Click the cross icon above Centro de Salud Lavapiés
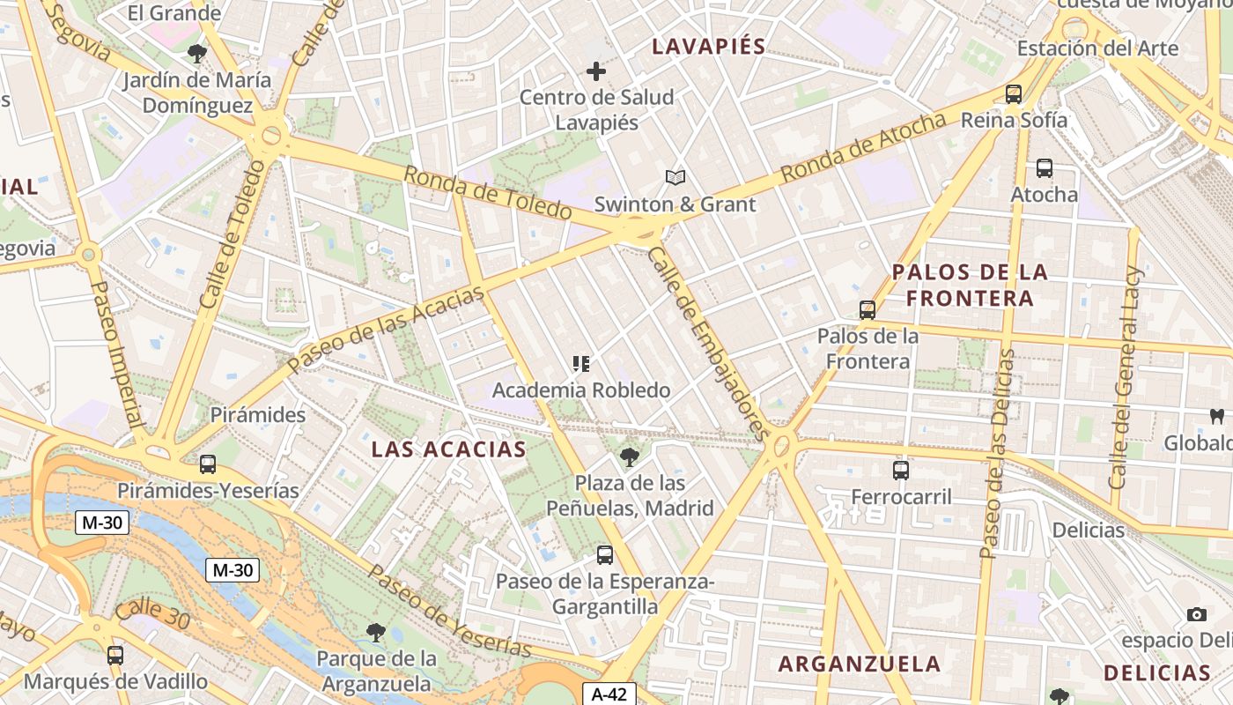tap(596, 71)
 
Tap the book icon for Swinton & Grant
tap(676, 178)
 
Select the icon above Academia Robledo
tap(581, 363)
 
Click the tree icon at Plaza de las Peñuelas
tap(630, 456)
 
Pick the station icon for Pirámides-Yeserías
tap(208, 464)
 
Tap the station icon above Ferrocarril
tap(901, 471)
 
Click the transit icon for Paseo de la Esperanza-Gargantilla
tap(605, 555)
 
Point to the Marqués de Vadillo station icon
tap(115, 655)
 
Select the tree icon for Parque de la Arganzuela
tap(376, 632)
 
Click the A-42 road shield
tap(609, 694)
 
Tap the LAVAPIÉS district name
tap(708, 47)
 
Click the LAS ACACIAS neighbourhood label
tap(448, 449)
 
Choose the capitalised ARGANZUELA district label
tap(860, 664)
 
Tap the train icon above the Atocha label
tap(1045, 167)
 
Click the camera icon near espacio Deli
tap(1196, 614)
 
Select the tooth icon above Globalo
tap(1217, 416)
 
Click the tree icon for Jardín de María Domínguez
tap(197, 54)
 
